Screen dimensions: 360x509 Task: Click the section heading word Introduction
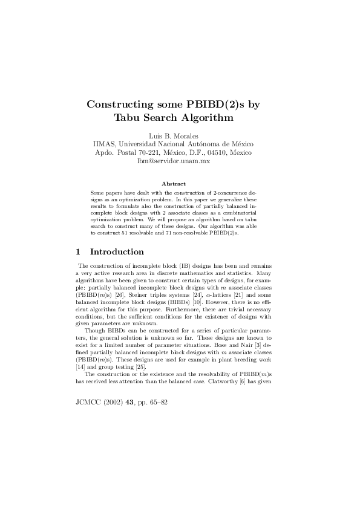click(117, 252)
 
